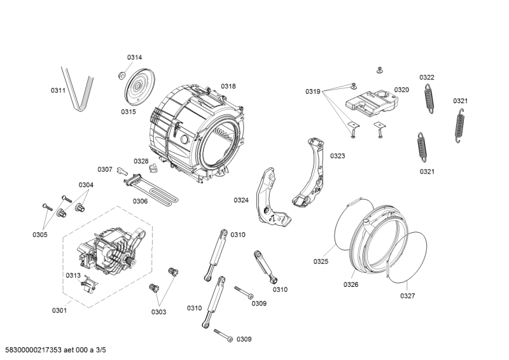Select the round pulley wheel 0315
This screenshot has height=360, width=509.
tap(139, 87)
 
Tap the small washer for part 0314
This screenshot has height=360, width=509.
tap(122, 75)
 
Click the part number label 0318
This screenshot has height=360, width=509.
tap(228, 86)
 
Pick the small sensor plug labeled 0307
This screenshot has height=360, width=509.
tap(122, 170)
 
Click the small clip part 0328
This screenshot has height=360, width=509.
tap(153, 169)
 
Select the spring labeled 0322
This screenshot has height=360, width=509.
tap(429, 99)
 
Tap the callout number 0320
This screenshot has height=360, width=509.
tap(401, 90)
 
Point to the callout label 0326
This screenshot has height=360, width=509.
tap(351, 285)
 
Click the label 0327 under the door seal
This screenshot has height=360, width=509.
tap(407, 296)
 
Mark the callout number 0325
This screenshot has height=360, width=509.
tap(321, 261)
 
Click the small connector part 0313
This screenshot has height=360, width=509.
tap(88, 284)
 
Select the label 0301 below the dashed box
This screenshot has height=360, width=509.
tap(59, 310)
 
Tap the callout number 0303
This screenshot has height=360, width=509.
tap(158, 312)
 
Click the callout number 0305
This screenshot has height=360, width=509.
tap(40, 235)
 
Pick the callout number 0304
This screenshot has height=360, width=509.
tap(86, 185)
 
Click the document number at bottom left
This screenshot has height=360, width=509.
tap(53, 350)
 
